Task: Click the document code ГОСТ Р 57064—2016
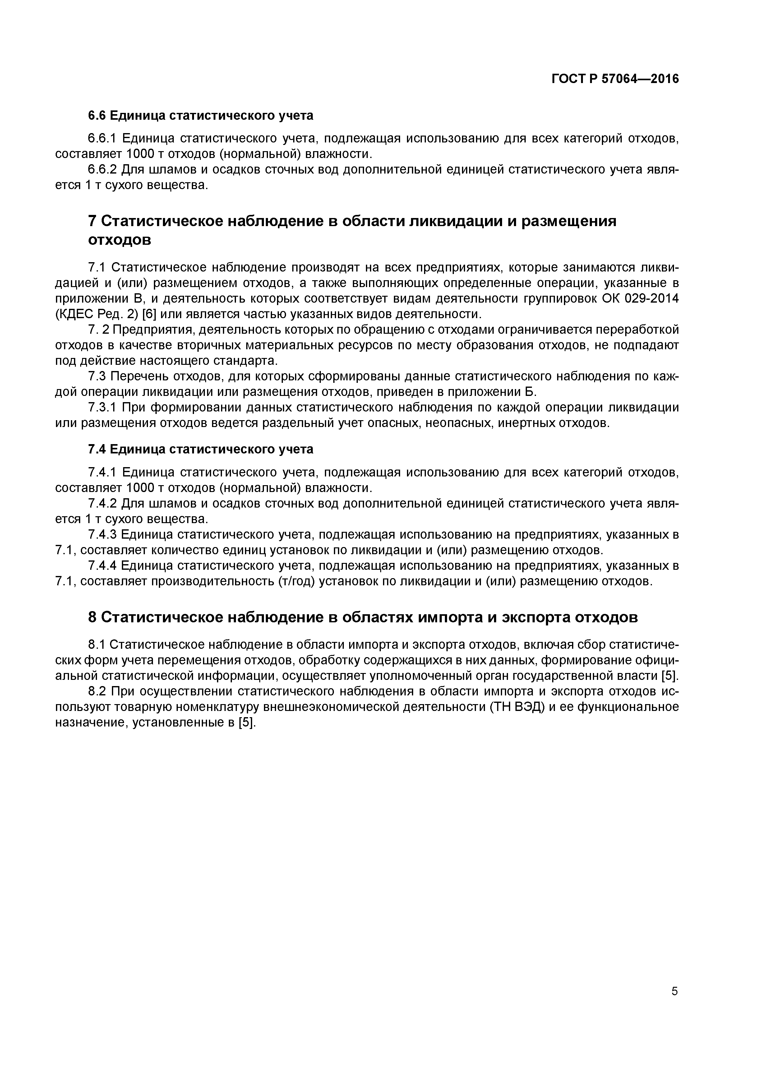tap(615, 79)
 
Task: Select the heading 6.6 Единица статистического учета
tap(201, 115)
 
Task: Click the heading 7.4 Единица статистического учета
tap(201, 449)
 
